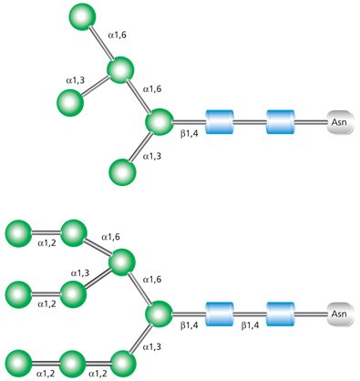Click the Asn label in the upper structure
(339, 120)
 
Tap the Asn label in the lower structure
(339, 314)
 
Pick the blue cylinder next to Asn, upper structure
(281, 120)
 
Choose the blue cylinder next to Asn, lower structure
(281, 314)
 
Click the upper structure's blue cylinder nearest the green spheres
(221, 120)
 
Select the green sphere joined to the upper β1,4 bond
(159, 121)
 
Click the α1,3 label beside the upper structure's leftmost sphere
(77, 81)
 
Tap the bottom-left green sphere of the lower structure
(18, 359)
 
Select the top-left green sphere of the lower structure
(18, 232)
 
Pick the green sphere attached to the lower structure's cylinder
(159, 314)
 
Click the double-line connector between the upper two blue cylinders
(251, 120)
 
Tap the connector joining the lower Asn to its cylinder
(311, 314)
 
